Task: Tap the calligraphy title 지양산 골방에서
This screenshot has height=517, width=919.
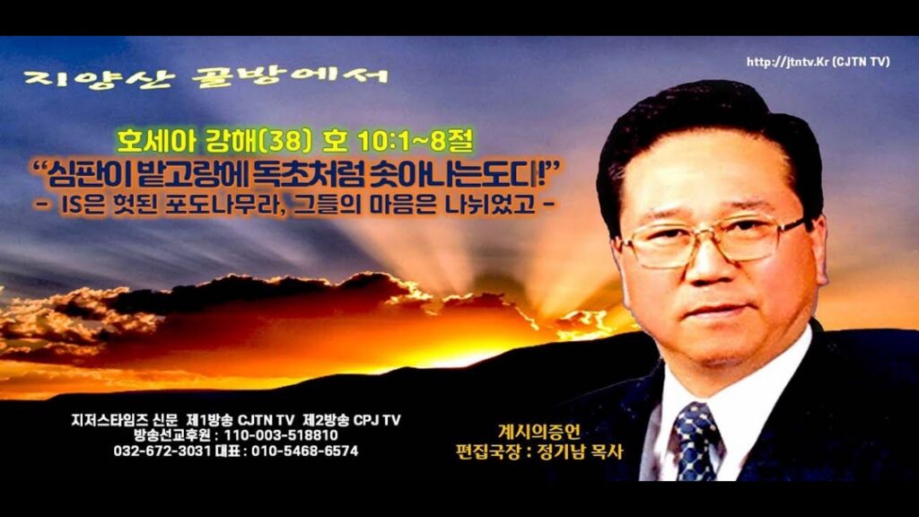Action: click(206, 77)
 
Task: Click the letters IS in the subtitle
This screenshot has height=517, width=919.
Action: click(71, 206)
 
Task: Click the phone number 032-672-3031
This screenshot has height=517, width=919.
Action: click(162, 451)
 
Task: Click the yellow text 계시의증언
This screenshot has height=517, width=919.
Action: click(539, 432)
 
